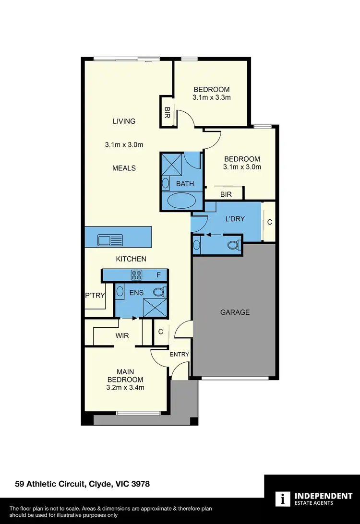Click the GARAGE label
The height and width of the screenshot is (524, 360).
pyautogui.click(x=235, y=312)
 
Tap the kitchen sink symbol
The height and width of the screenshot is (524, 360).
pyautogui.click(x=110, y=239)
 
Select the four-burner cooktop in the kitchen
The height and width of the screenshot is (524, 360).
pyautogui.click(x=136, y=275)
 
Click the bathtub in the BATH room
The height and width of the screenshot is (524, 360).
pyautogui.click(x=182, y=200)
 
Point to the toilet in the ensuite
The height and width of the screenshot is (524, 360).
pyautogui.click(x=159, y=291)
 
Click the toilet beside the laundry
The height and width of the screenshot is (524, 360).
pyautogui.click(x=233, y=245)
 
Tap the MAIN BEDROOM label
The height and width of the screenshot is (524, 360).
pyautogui.click(x=125, y=376)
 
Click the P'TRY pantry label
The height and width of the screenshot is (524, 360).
pyautogui.click(x=95, y=295)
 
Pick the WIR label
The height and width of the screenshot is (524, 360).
pyautogui.click(x=122, y=336)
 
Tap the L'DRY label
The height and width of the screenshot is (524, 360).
pyautogui.click(x=235, y=219)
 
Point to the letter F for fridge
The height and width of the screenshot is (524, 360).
pyautogui.click(x=158, y=275)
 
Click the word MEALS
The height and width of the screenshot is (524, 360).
pyautogui.click(x=124, y=168)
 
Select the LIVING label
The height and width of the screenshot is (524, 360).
pyautogui.click(x=124, y=121)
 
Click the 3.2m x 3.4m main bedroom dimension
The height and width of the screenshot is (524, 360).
pyautogui.click(x=125, y=388)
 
